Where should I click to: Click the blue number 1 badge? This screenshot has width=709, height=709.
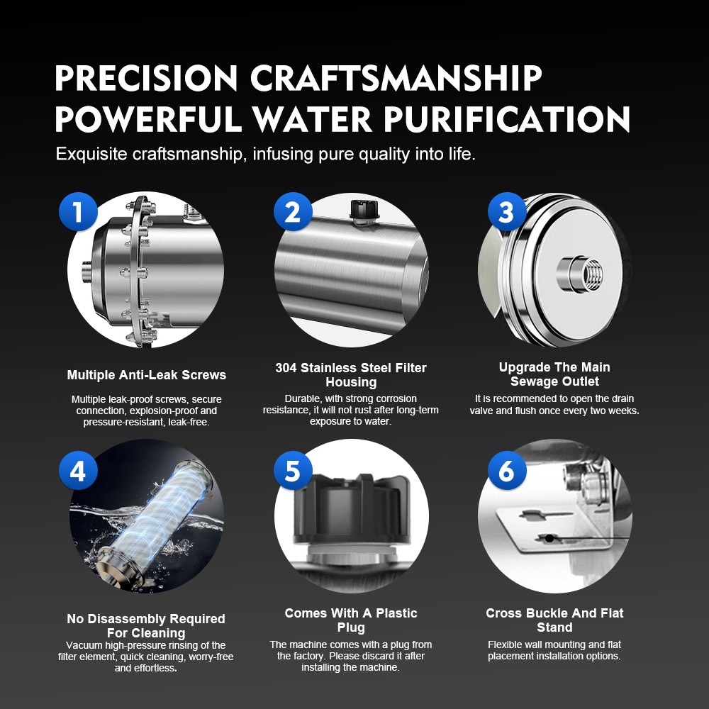(78, 211)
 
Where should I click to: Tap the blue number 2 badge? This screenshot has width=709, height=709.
(293, 211)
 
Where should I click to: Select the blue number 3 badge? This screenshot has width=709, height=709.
(507, 211)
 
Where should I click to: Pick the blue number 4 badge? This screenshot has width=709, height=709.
(78, 471)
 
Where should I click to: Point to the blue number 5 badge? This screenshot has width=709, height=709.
(293, 471)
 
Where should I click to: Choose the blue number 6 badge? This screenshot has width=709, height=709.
(507, 471)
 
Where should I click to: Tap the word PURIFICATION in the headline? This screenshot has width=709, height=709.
(507, 119)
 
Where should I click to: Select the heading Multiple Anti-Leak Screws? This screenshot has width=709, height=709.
(147, 375)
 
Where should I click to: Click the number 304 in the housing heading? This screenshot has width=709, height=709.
(286, 367)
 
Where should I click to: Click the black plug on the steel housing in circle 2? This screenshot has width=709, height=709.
(364, 210)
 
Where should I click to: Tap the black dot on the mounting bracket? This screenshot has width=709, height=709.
(549, 539)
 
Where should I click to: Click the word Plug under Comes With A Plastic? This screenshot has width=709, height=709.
(351, 627)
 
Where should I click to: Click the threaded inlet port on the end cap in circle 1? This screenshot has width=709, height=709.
(87, 272)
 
